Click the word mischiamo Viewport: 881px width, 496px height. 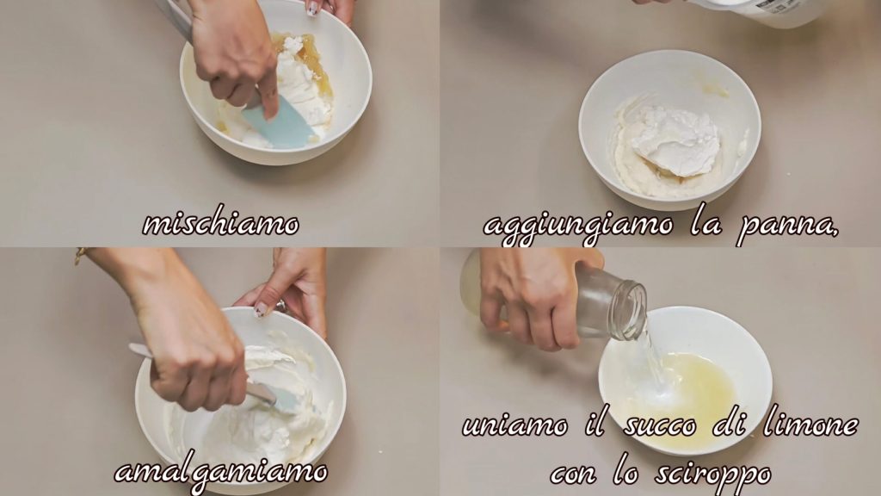(221, 224)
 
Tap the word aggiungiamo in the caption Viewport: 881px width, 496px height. (577, 227)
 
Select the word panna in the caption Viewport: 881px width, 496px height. (786, 227)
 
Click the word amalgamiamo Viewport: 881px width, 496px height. (221, 471)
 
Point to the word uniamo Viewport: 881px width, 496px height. (514, 425)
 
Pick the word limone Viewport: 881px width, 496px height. (810, 425)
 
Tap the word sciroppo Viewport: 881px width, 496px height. (713, 474)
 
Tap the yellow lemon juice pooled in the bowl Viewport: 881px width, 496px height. (697, 388)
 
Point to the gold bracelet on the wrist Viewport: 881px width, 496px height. (80, 255)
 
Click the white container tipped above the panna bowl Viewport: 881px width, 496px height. (753, 12)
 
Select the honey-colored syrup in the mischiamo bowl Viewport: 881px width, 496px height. (306, 61)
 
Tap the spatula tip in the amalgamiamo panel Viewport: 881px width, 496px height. (293, 406)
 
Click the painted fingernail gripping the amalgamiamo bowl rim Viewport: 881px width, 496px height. (260, 309)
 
